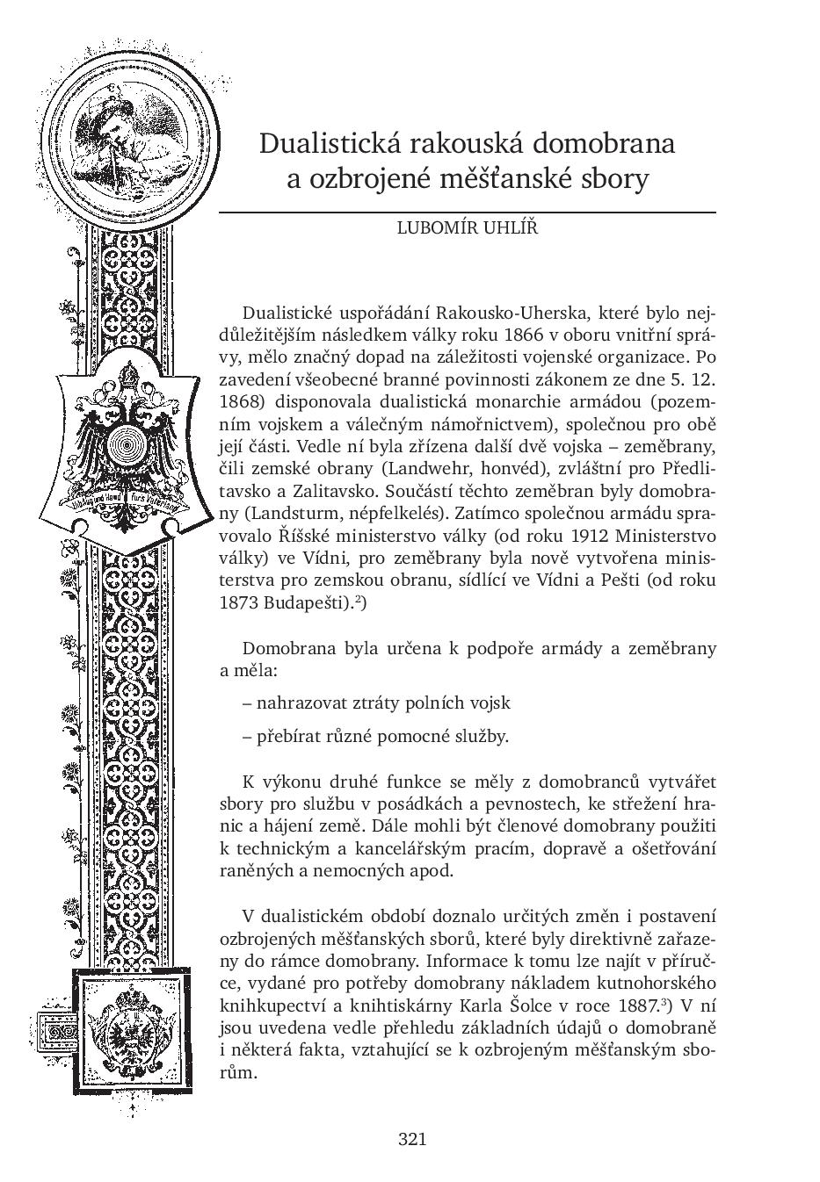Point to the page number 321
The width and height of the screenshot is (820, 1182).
(412, 1139)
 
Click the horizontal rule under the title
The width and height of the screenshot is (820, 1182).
(467, 213)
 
